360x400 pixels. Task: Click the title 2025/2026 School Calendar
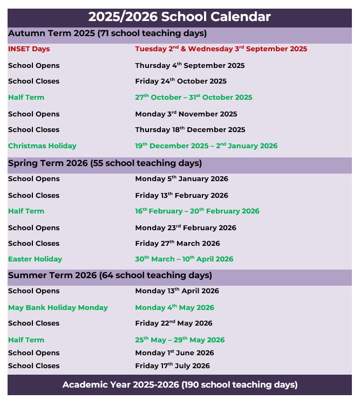(x=180, y=17)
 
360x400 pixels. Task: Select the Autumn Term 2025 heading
(x=107, y=33)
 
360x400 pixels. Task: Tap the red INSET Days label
(x=29, y=49)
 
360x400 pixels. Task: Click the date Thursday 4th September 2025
(x=189, y=66)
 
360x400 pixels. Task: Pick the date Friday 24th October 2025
(x=181, y=81)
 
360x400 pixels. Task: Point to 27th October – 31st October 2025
(x=193, y=98)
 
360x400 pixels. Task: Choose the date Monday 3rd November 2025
(x=186, y=114)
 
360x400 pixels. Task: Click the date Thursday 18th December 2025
(x=190, y=130)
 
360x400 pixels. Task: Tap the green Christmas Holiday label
(x=42, y=146)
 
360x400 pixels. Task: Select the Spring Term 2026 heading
(x=105, y=163)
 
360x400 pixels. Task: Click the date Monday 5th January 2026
(x=181, y=179)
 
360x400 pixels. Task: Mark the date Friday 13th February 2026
(x=181, y=196)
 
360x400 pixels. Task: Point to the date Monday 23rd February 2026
(x=186, y=228)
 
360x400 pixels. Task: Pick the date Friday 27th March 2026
(x=178, y=244)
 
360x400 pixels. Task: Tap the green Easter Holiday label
(x=35, y=259)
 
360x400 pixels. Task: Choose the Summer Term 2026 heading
(x=110, y=276)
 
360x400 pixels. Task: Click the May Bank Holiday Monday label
(x=58, y=308)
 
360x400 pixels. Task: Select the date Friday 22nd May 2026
(x=174, y=323)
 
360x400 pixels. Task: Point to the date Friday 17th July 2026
(x=172, y=366)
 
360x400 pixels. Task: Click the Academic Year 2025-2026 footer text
(x=180, y=385)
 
